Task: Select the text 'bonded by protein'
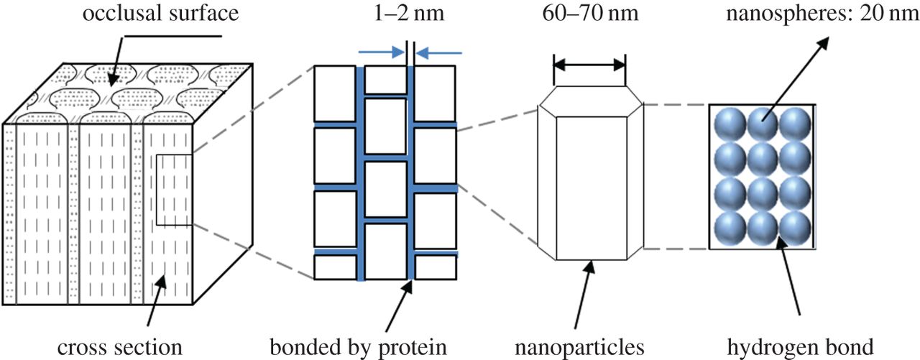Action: click(x=359, y=348)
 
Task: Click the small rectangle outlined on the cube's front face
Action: click(x=173, y=189)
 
